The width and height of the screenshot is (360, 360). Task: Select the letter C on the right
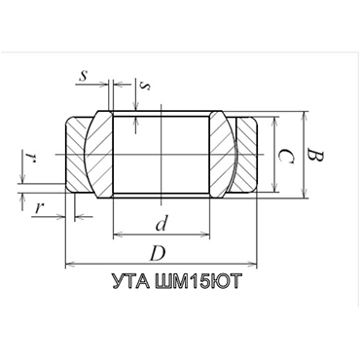pyautogui.click(x=283, y=156)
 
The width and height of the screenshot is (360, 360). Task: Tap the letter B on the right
pyautogui.click(x=312, y=155)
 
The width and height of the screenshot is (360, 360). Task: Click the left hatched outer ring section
pyautogui.click(x=77, y=155)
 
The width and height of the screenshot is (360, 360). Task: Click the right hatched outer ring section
pyautogui.click(x=247, y=155)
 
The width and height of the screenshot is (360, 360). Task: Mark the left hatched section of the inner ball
pyautogui.click(x=100, y=155)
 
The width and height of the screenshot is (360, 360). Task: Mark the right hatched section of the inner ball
pyautogui.click(x=223, y=155)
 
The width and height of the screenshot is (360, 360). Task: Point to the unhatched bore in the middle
pyautogui.click(x=162, y=155)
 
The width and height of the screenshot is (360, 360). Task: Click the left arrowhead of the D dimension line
pyautogui.click(x=68, y=264)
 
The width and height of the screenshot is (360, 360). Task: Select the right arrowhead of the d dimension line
pyautogui.click(x=206, y=235)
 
